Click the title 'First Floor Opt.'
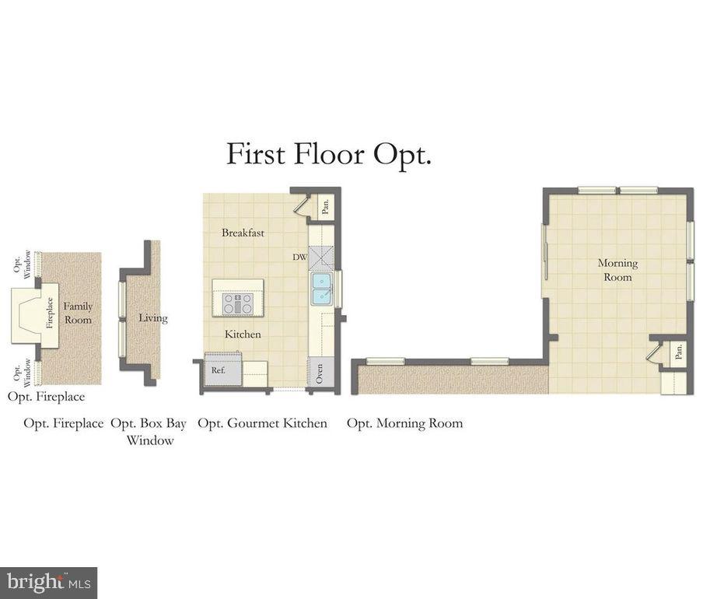328,154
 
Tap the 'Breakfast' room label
243,233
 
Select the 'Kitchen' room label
243,335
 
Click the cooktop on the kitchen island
237,303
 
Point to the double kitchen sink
321,289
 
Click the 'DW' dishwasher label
299,257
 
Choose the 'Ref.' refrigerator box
219,371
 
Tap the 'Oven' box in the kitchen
320,372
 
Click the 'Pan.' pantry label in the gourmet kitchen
326,207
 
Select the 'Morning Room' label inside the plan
617,270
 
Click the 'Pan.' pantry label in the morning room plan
678,352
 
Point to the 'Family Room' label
77,313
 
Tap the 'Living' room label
152,318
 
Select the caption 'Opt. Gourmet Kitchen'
262,423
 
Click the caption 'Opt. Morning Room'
404,423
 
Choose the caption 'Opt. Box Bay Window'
149,432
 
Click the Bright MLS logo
48,582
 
